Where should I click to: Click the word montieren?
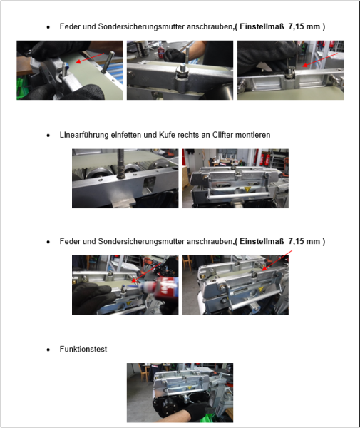250,135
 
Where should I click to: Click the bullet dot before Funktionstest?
48,350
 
